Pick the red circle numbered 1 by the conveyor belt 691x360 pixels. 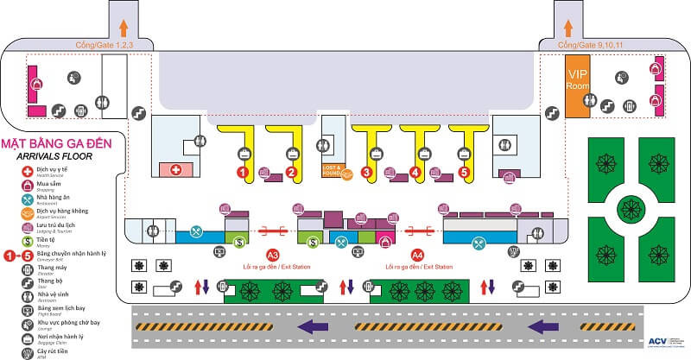[x=244, y=173]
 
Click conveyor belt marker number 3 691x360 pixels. [x=367, y=173]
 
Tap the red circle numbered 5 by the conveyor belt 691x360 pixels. [x=465, y=173]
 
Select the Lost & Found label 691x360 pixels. [x=333, y=169]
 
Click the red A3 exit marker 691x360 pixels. [x=272, y=256]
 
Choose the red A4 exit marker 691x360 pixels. [x=418, y=256]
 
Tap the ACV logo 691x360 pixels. [x=659, y=342]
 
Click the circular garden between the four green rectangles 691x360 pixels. [x=630, y=205]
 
